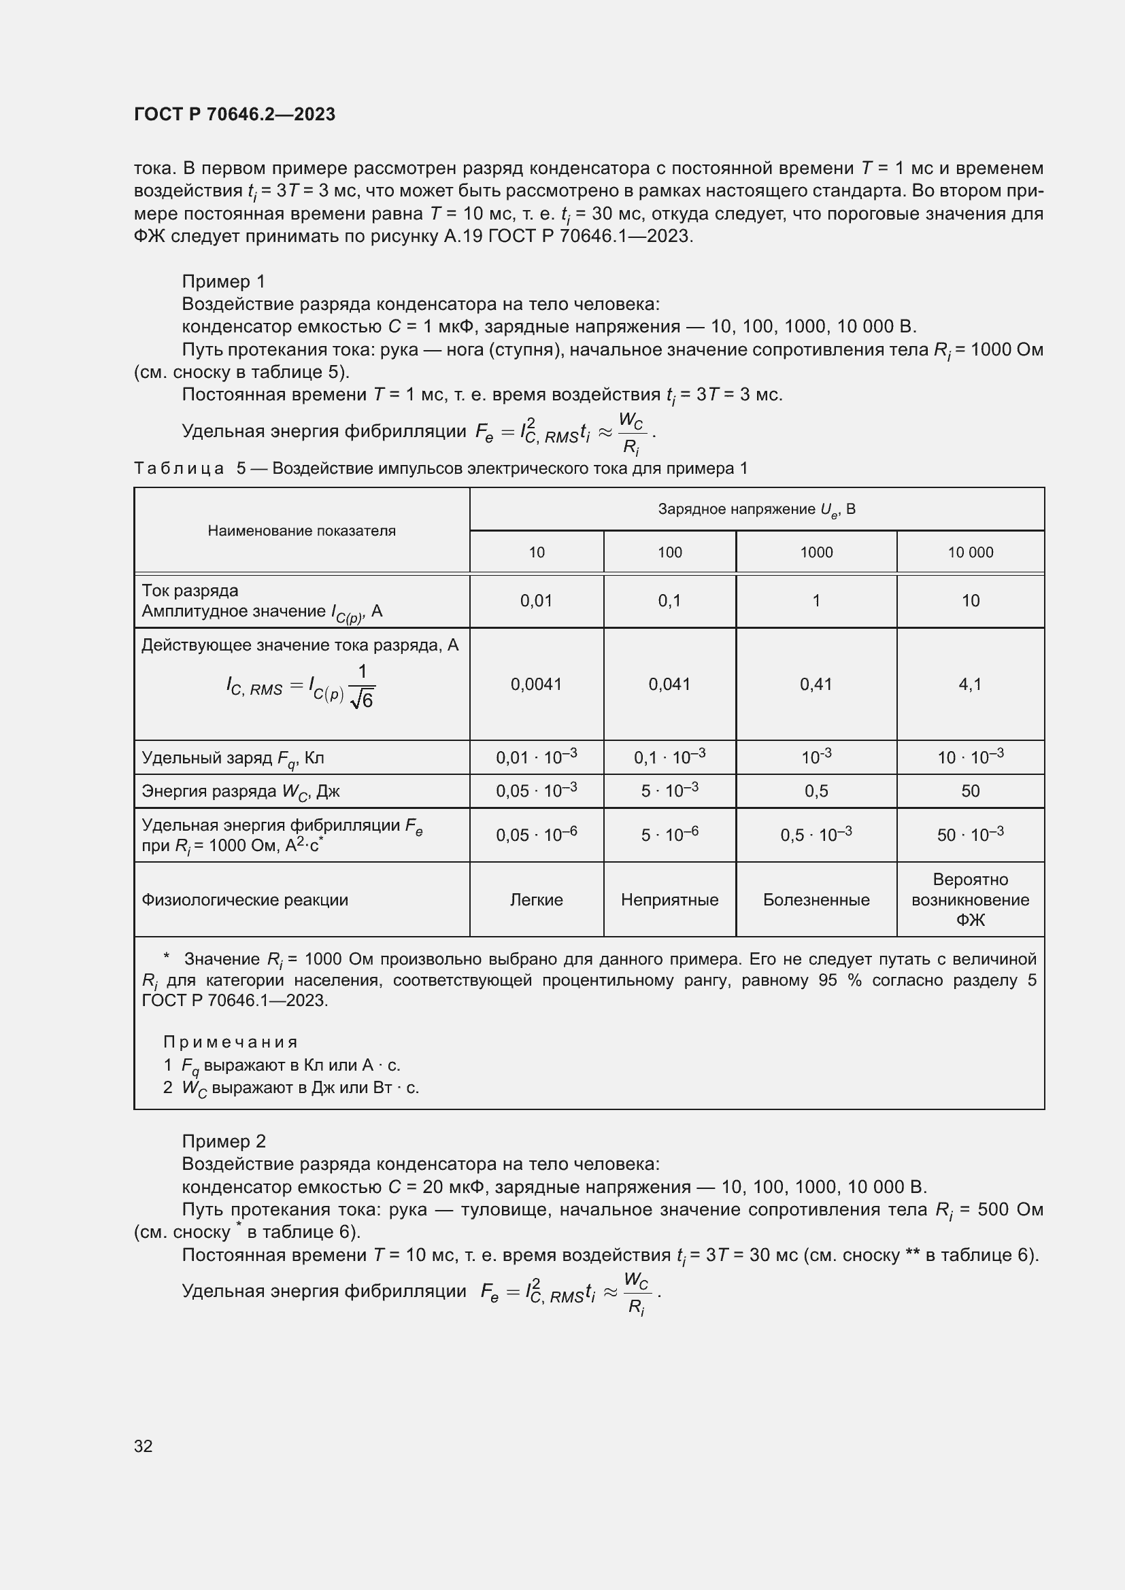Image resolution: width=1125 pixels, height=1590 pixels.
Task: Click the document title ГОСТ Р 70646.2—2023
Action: tap(234, 114)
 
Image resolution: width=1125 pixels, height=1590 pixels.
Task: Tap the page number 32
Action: tap(144, 1446)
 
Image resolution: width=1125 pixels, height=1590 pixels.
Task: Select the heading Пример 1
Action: tap(223, 281)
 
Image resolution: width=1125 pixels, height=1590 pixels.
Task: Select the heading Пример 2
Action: tap(223, 1141)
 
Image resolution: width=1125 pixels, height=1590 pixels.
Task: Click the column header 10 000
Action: tap(970, 552)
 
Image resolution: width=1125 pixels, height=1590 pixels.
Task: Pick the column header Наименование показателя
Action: tap(301, 530)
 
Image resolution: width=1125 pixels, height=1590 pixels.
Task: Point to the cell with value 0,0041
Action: tap(536, 685)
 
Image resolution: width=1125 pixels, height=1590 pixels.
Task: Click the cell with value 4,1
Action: tap(970, 685)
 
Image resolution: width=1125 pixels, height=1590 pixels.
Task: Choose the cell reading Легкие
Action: tap(536, 899)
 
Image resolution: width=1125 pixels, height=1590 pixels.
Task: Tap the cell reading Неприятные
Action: tap(669, 899)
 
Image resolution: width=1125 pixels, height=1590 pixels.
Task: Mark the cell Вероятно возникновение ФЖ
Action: tap(970, 899)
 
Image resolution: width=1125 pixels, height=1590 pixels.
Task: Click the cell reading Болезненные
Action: tap(816, 899)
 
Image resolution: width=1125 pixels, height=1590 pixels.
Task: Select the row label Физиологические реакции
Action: tap(245, 899)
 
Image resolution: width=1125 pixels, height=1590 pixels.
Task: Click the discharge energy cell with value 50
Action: tap(970, 791)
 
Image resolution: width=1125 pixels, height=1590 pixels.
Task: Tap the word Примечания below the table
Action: tap(230, 1042)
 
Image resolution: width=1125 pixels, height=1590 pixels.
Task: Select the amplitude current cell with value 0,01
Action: tap(536, 600)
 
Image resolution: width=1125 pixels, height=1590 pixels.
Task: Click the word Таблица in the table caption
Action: tap(179, 469)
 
